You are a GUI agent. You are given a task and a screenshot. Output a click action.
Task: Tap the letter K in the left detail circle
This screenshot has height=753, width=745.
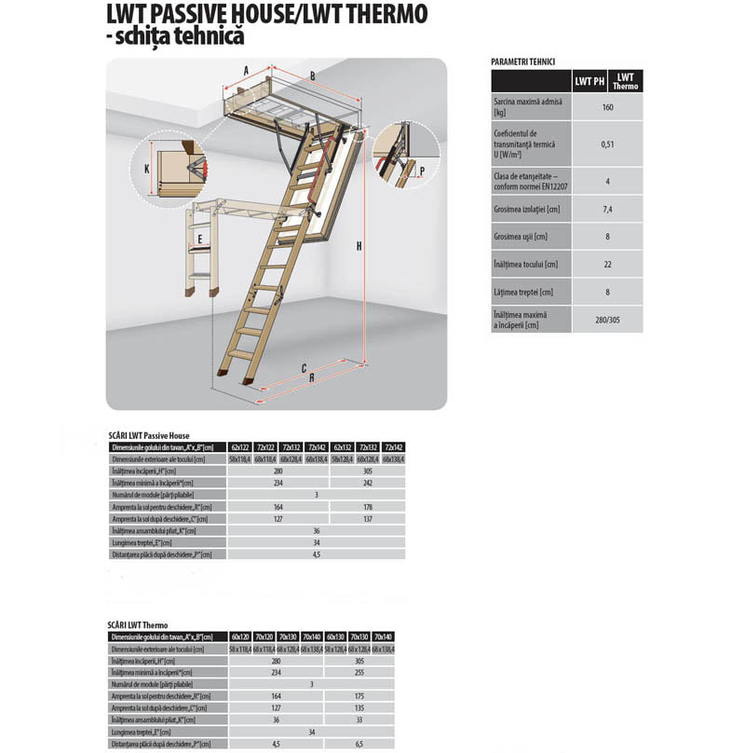tap(146, 168)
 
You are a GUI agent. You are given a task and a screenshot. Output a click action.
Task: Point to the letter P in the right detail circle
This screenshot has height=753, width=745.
tap(422, 171)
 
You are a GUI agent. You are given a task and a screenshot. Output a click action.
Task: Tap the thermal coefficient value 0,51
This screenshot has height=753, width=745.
tap(607, 144)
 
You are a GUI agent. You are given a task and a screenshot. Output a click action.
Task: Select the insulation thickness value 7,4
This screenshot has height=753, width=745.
tap(607, 210)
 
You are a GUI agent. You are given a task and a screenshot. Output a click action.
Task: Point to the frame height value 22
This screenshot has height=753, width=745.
tap(607, 265)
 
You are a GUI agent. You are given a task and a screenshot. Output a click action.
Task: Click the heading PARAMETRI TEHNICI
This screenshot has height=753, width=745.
tap(522, 62)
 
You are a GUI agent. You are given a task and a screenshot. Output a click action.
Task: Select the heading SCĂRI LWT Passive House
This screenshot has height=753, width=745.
tap(149, 435)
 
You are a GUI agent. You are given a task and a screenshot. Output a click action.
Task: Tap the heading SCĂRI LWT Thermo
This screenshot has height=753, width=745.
tap(139, 624)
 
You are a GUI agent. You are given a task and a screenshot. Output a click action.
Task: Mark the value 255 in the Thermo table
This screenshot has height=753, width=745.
tap(359, 672)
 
